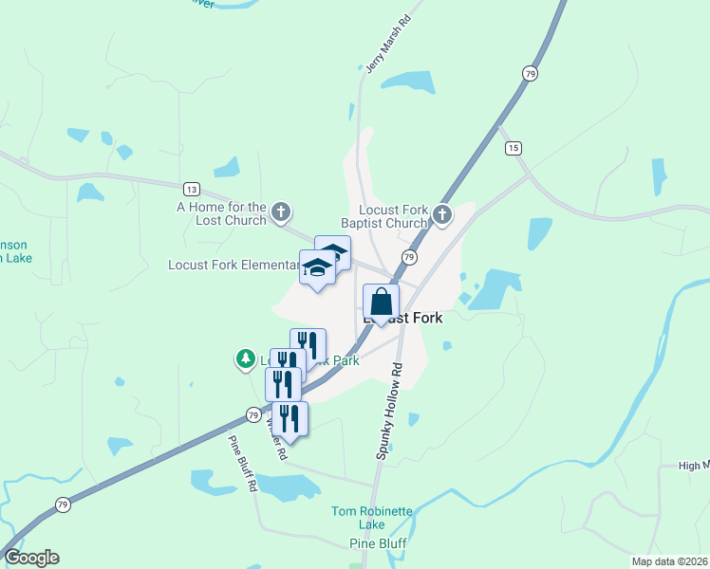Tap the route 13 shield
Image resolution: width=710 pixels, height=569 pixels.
click(x=192, y=188)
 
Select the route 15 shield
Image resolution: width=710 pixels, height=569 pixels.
click(x=514, y=148)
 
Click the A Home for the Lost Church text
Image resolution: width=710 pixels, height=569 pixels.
click(x=221, y=212)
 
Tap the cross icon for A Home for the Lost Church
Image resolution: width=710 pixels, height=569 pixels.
click(x=281, y=212)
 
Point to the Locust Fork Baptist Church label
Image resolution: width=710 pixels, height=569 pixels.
click(x=394, y=216)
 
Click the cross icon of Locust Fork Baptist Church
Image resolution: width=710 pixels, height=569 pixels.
click(x=442, y=215)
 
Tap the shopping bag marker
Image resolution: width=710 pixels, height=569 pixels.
click(x=381, y=303)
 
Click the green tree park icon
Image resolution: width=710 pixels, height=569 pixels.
click(x=246, y=358)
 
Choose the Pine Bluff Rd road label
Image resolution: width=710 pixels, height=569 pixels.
click(x=243, y=463)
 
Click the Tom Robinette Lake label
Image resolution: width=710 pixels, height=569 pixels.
click(x=372, y=518)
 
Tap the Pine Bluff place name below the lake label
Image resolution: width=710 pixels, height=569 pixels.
click(x=378, y=543)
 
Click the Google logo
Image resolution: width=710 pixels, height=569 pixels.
click(x=31, y=558)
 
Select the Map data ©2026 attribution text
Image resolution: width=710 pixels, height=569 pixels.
click(x=670, y=561)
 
